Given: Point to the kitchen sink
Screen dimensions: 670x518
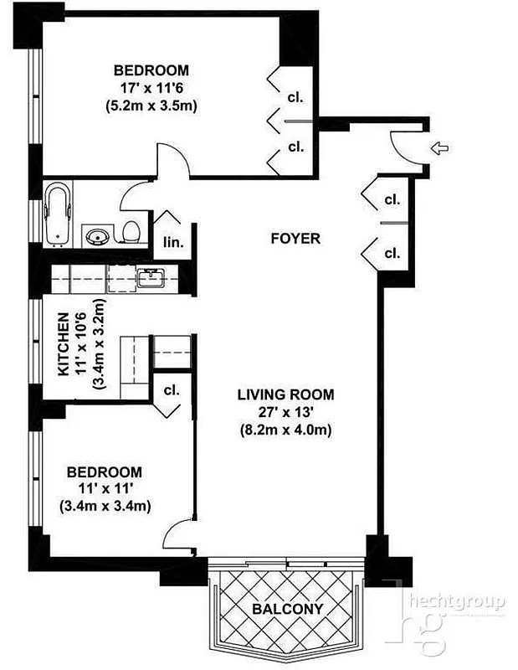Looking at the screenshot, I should pos(151,277).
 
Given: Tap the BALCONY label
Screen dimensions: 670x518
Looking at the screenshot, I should pos(288,609).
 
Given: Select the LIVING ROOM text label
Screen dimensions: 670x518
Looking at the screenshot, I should pos(285,394).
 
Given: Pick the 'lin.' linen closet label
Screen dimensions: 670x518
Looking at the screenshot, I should pos(172,243).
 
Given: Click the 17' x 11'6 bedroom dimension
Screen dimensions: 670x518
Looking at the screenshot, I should pos(151,88).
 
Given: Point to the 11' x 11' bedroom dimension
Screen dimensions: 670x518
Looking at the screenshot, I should pos(105,489).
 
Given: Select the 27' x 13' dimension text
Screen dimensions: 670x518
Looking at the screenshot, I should pos(285,412).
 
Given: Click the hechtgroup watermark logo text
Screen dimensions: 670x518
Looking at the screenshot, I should pos(456,601).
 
